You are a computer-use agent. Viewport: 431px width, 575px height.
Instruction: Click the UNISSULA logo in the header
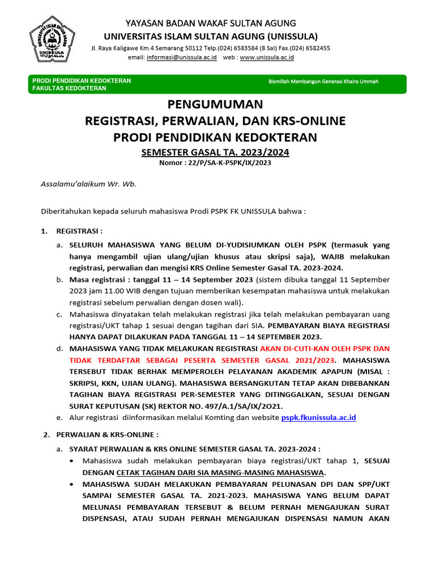pos(52,39)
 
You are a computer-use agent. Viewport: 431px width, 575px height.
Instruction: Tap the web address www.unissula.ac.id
pos(267,57)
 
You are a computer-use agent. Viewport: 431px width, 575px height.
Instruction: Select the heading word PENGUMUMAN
pos(215,104)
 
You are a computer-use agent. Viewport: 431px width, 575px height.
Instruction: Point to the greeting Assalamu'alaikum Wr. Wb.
pos(89,184)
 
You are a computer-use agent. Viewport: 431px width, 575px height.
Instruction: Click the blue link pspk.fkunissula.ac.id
pos(318,417)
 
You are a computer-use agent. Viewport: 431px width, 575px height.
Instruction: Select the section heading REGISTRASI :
pos(79,231)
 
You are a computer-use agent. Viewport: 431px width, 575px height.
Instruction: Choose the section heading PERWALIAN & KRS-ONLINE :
pos(107,434)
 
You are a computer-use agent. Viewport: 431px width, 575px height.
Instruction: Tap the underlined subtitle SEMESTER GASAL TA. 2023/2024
pos(215,152)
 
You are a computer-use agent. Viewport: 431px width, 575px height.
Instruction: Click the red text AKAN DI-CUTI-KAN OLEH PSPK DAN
pos(325,348)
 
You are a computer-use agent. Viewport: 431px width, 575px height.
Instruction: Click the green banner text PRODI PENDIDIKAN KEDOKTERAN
pos(82,81)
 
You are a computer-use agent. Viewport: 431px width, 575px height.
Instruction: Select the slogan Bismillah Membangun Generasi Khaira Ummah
pos(324,81)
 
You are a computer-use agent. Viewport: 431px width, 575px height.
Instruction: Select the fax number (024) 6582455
pos(311,48)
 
